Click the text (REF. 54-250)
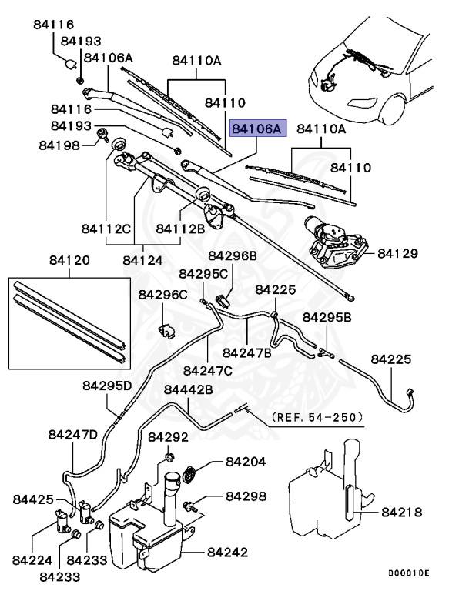coord(316,417)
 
